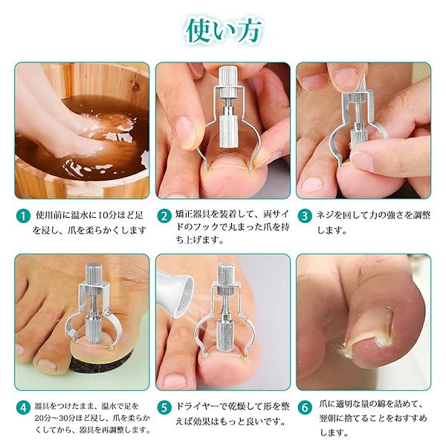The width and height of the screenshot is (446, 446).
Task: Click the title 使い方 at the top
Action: [224, 31]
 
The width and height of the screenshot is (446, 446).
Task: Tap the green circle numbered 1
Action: [24, 216]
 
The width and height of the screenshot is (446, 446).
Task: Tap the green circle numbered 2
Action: [164, 216]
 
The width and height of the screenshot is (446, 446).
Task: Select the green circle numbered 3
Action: [305, 216]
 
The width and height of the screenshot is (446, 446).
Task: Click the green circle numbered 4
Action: [24, 408]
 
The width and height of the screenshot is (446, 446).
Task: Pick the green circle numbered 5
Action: [164, 408]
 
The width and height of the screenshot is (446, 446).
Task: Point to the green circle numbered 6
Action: [305, 408]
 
